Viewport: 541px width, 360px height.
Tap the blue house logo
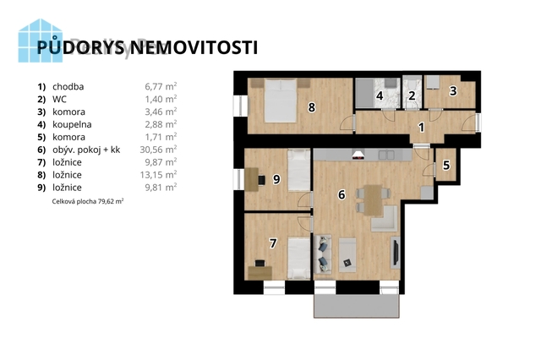[41, 41]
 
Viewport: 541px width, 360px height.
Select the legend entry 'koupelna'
[72, 124]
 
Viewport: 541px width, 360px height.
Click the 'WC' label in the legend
[59, 99]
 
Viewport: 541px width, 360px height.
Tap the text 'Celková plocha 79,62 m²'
[88, 201]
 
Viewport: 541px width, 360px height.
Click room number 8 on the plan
[311, 107]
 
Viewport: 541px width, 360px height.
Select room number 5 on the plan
[446, 165]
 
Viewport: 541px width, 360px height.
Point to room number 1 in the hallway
[421, 128]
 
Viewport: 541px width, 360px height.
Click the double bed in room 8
[281, 100]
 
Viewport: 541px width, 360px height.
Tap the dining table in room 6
[374, 200]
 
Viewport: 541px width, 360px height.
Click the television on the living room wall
[396, 252]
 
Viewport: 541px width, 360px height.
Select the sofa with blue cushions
[323, 254]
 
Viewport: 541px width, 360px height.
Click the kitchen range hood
[358, 154]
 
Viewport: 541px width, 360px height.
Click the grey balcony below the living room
[357, 306]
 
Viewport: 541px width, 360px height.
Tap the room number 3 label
[453, 90]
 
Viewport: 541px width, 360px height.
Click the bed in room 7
[298, 258]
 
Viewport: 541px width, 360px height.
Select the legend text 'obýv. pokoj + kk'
[86, 150]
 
